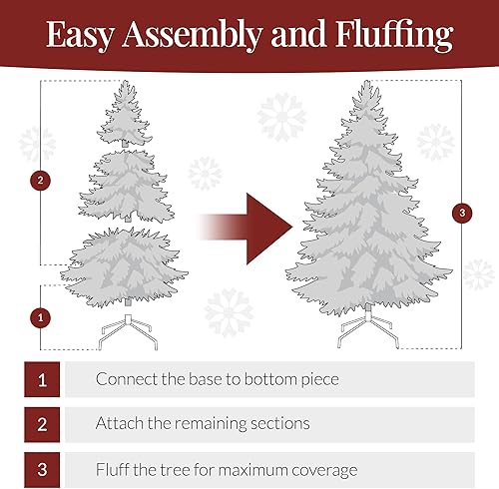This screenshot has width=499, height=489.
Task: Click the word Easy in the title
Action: [82, 35]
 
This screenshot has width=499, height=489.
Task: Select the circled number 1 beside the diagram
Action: [40, 317]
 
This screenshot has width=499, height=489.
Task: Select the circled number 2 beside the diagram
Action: [40, 181]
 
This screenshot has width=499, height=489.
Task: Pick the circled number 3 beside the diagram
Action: [460, 213]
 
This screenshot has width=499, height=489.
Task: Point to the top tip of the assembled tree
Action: [365, 87]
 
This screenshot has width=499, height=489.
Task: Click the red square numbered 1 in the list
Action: [42, 379]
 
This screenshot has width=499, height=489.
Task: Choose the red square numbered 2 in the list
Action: [42, 423]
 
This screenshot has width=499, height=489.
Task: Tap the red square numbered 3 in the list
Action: [42, 468]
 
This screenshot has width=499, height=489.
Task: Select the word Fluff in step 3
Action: [114, 468]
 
